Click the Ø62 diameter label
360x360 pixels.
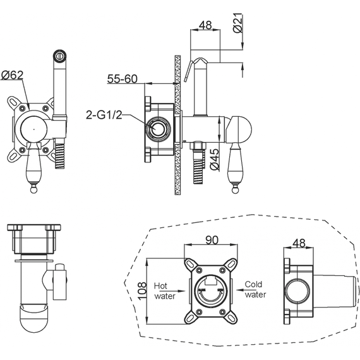pyautogui.click(x=13, y=76)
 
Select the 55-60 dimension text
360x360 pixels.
pyautogui.click(x=122, y=79)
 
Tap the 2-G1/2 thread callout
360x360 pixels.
pyautogui.click(x=104, y=115)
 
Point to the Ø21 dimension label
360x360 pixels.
pyautogui.click(x=238, y=23)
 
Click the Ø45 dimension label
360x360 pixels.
pyautogui.click(x=215, y=159)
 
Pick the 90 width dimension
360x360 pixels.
pyautogui.click(x=212, y=240)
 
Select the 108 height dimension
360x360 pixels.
pyautogui.click(x=141, y=291)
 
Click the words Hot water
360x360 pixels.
pyautogui.click(x=165, y=291)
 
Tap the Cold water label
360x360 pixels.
pyautogui.click(x=255, y=289)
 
